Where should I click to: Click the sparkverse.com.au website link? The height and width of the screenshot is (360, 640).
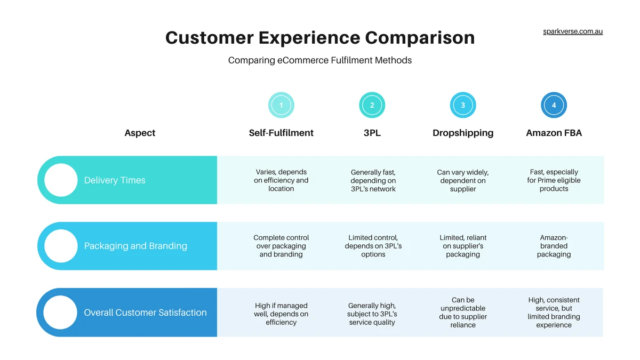point(573,31)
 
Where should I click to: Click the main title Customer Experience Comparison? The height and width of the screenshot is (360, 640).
point(320,38)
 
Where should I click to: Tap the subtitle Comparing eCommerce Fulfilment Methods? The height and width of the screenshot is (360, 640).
point(320,60)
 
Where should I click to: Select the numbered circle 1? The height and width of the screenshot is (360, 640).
point(281,105)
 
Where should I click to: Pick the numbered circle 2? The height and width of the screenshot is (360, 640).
point(372,105)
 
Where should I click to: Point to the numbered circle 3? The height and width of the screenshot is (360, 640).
point(463,105)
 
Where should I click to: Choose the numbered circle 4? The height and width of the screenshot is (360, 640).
point(554,105)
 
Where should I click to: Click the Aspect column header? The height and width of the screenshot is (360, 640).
point(140,133)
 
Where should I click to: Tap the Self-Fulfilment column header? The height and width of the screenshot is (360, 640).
point(281,133)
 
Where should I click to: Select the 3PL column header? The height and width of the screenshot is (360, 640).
point(372,133)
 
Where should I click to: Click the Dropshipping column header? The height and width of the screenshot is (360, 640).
point(463,133)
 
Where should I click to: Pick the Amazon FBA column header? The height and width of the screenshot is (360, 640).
point(554,133)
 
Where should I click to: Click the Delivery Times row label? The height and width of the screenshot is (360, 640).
point(115,180)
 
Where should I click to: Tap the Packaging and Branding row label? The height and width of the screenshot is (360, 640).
point(135,246)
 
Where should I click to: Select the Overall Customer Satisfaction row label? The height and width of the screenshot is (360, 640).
point(145,313)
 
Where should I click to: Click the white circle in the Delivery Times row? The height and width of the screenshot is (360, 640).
point(61,180)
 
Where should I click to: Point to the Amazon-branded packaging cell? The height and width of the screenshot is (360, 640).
point(554,246)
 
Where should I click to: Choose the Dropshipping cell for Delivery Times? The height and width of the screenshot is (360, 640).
point(463,180)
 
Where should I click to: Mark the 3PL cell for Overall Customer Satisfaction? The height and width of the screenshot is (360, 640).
point(372,314)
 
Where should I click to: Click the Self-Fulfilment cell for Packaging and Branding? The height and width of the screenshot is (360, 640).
point(281,246)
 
